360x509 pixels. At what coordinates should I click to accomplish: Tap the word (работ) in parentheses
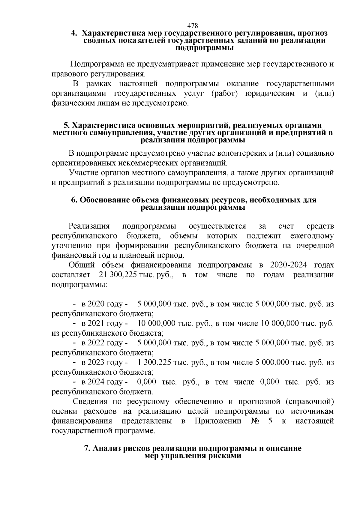coord(225,94)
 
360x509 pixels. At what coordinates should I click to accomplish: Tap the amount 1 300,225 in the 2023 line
coord(154,362)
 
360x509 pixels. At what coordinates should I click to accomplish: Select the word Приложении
coord(218,421)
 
